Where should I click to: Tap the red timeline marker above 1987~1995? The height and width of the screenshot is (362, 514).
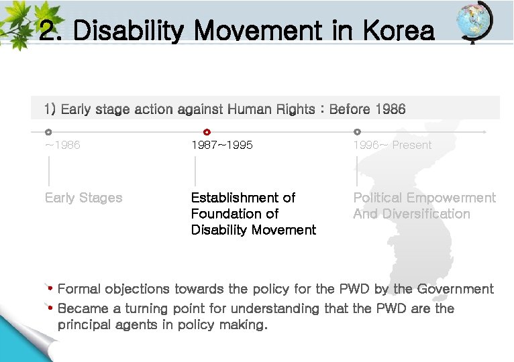pos(207,132)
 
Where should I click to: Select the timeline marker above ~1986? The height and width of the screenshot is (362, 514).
pos(48,132)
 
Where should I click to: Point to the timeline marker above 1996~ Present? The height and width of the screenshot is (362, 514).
pos(357,132)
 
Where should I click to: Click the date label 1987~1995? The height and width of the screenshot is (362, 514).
pos(222,145)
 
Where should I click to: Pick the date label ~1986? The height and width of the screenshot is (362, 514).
pos(62,145)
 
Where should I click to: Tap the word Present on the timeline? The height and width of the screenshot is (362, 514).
pos(412,145)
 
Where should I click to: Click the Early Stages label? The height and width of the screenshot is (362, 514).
pos(83,198)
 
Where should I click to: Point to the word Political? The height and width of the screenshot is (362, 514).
pos(379,198)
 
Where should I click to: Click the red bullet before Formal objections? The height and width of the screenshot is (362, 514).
pos(50,288)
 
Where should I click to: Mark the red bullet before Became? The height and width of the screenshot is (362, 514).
pos(50,308)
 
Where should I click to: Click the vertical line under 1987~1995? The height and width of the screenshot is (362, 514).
pos(195,172)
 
